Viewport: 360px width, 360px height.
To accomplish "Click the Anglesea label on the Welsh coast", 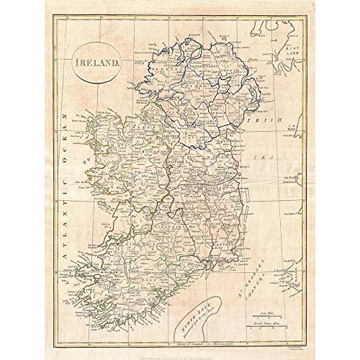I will click(293, 176).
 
